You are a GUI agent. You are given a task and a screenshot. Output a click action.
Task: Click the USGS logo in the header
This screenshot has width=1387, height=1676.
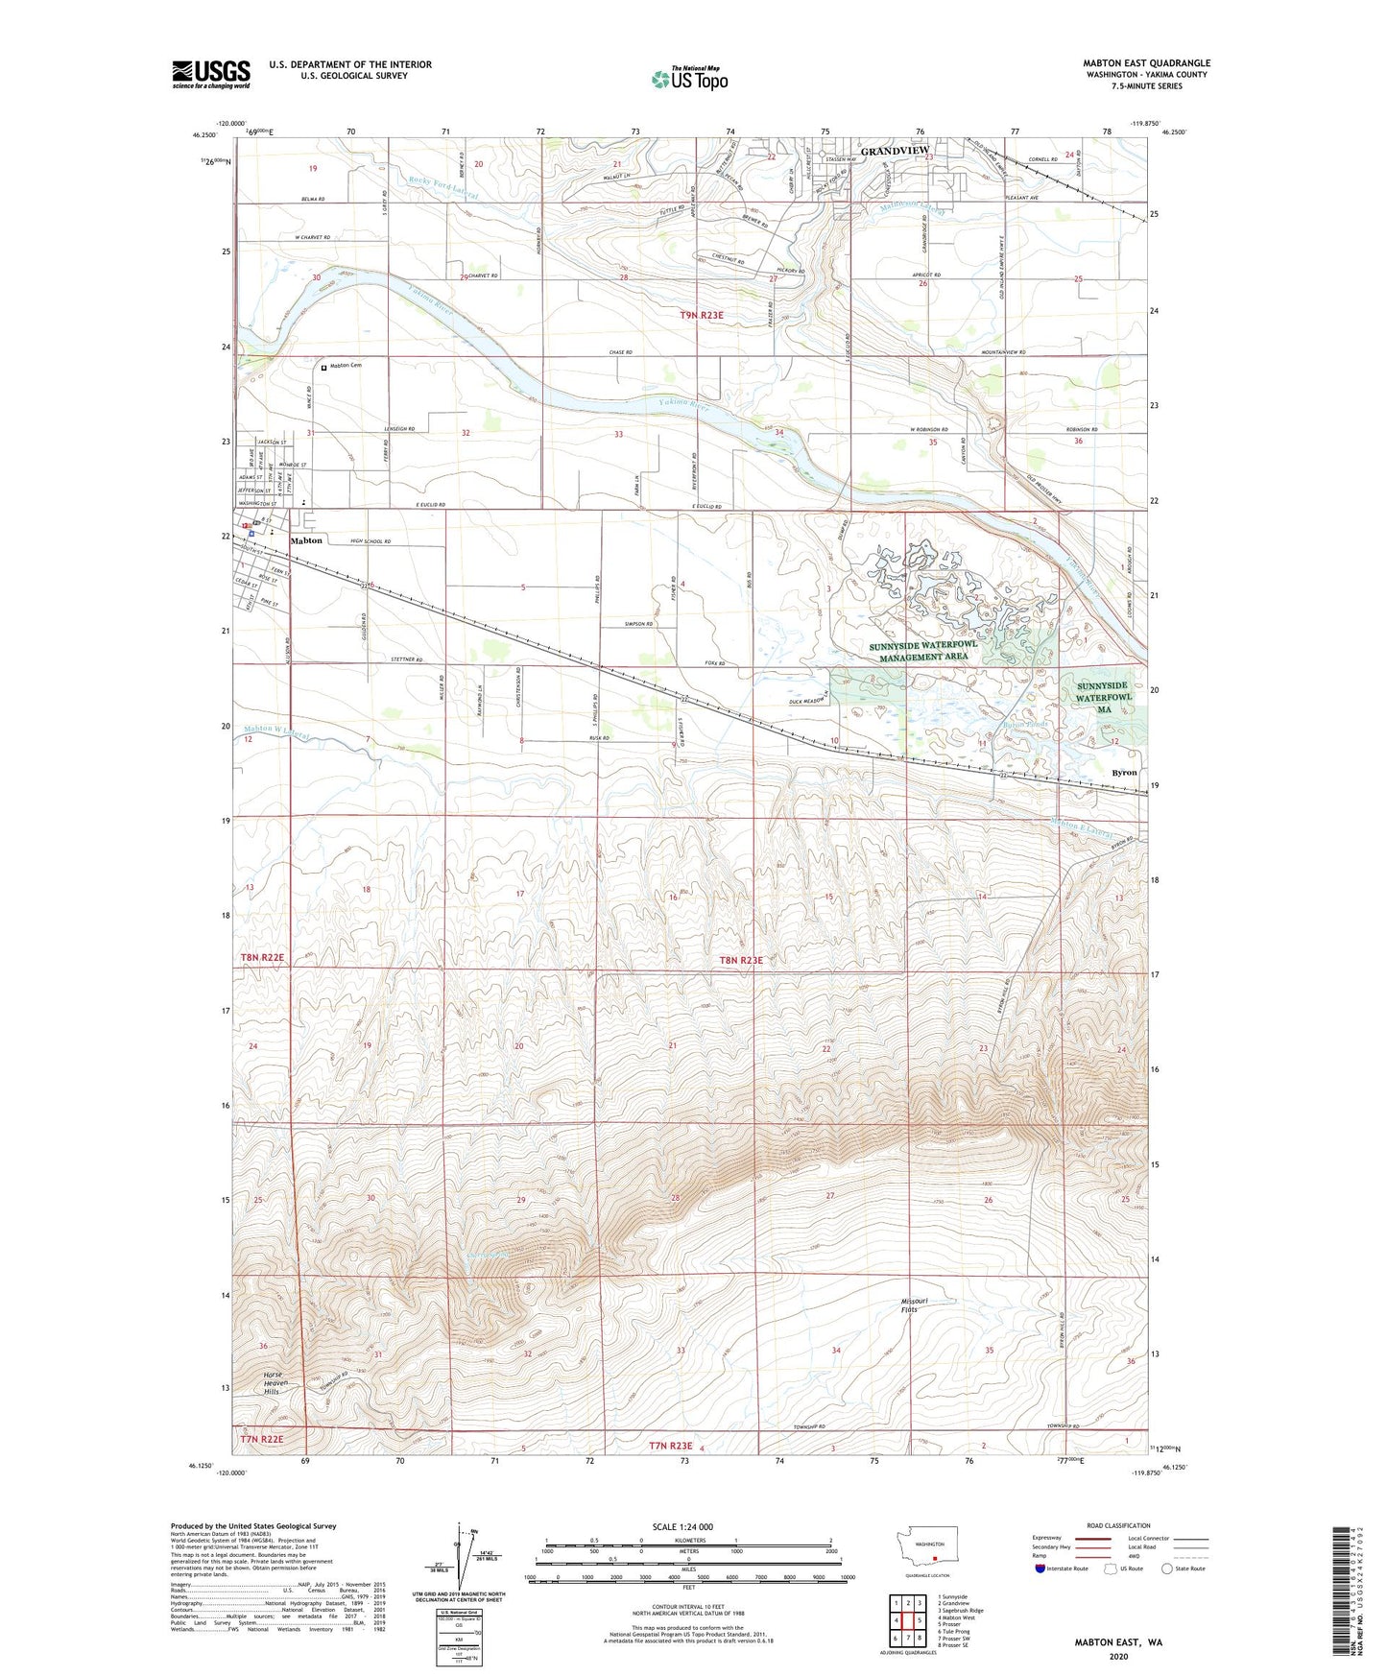[x=211, y=74]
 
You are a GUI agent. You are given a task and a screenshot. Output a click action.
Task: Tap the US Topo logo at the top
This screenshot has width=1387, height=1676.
[x=688, y=79]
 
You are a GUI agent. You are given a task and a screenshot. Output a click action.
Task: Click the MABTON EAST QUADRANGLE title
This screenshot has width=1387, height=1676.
[x=1146, y=63]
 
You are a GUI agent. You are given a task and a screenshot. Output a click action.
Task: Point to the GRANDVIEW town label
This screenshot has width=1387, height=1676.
[x=890, y=152]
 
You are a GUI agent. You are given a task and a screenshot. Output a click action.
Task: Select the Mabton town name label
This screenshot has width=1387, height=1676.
[x=306, y=540]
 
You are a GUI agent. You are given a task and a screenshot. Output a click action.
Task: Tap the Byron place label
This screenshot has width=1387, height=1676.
[x=1123, y=772]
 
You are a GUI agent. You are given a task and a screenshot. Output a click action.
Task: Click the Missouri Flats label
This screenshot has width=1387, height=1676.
[x=909, y=1305]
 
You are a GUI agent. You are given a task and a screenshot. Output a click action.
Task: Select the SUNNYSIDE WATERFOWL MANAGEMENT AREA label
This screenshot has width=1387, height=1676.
[x=923, y=652]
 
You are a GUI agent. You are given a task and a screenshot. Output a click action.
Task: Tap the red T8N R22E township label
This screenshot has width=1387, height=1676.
[x=262, y=958]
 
